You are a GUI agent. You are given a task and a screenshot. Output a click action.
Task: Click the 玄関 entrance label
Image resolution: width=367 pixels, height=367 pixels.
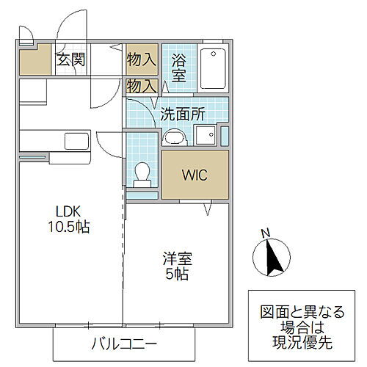71,59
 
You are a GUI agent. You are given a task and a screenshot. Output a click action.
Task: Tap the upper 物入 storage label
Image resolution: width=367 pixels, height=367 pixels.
141,58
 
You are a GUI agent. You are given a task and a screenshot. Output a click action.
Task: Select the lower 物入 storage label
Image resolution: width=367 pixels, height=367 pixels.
141,85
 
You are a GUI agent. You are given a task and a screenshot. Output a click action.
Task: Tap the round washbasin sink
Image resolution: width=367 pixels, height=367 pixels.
174,137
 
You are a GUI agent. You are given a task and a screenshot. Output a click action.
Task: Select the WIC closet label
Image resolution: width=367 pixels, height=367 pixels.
195,175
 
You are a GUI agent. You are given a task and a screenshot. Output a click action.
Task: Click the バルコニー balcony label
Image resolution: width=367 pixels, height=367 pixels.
124,343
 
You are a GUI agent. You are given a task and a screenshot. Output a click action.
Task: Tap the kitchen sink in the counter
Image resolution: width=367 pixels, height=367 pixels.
76,139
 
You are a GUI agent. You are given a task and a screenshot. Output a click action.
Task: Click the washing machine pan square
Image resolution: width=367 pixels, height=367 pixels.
204,134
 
